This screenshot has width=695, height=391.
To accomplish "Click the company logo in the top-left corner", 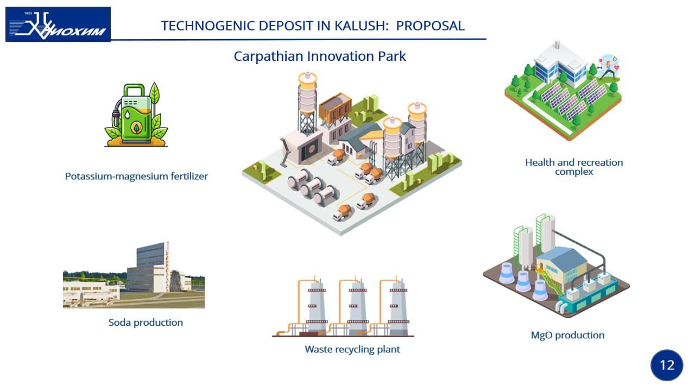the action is (x=58, y=24).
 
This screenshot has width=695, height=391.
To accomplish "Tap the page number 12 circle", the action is (x=667, y=365).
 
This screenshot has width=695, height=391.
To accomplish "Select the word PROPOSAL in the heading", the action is (x=430, y=26).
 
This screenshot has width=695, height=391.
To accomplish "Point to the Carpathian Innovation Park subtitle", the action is (x=320, y=56).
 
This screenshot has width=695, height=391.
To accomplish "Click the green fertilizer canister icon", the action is (x=136, y=114).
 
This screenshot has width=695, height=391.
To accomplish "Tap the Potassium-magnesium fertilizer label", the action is (x=136, y=176).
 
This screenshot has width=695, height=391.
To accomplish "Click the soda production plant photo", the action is (x=134, y=275).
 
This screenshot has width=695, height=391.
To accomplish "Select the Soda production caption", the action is (x=146, y=323).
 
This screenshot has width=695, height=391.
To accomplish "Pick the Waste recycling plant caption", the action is (x=352, y=349).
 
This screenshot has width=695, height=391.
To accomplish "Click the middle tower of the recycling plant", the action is (x=357, y=307).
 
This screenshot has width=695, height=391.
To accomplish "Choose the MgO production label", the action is (x=567, y=335).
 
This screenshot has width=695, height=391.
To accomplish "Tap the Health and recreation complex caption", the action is (x=574, y=167).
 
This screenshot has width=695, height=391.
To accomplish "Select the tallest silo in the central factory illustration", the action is (x=307, y=103).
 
